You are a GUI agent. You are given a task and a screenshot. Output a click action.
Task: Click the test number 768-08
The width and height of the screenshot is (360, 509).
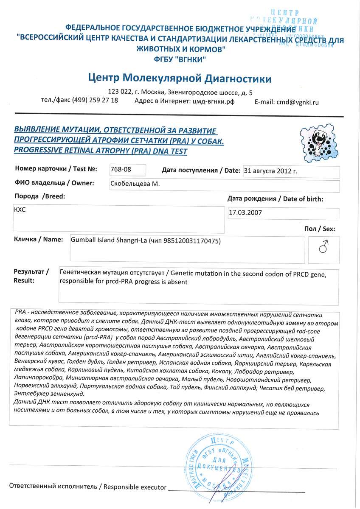[x=121, y=170]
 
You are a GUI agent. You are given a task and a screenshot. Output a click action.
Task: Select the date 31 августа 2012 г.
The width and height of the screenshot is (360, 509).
[x=270, y=171]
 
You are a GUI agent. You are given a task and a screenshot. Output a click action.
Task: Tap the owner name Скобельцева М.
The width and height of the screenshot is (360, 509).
[x=135, y=184]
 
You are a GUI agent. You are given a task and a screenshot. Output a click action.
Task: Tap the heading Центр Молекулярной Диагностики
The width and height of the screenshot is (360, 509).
[x=180, y=78]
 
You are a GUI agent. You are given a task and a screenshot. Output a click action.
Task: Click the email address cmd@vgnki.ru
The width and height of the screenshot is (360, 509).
[x=297, y=102]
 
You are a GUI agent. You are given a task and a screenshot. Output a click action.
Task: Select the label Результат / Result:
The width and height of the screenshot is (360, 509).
[x=31, y=276]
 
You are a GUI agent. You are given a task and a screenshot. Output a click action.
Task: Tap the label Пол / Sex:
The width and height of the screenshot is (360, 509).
[x=320, y=229]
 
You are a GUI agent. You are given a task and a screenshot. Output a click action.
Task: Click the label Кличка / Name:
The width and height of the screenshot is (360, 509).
[x=39, y=239]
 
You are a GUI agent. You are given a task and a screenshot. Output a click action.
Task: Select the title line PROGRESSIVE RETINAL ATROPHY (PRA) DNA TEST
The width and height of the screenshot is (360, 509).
[x=100, y=151]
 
